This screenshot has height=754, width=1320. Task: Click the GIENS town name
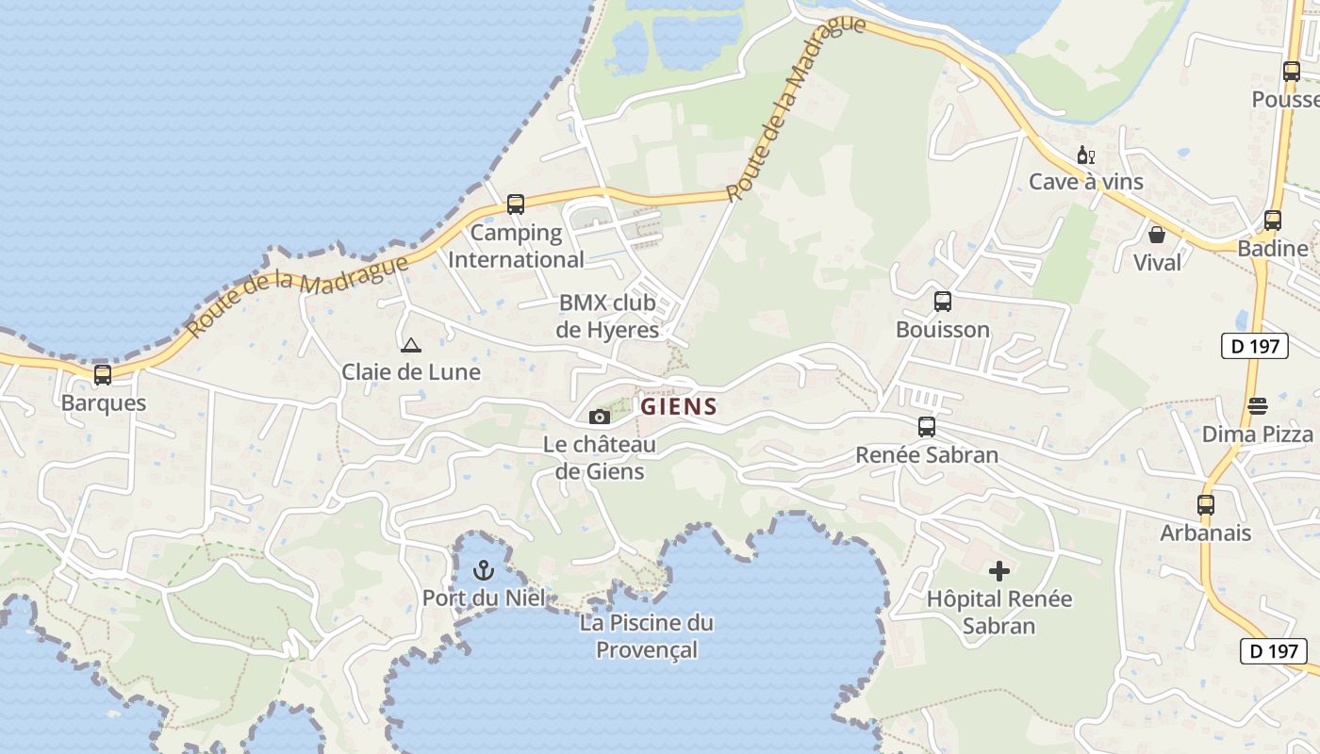[679, 406]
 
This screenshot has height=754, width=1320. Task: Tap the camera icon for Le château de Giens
[599, 417]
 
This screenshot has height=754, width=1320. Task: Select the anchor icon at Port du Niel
[483, 570]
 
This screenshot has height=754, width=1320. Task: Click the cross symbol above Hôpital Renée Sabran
[999, 570]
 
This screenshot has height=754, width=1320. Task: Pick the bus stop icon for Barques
[103, 375]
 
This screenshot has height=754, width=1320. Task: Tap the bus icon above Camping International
[515, 205]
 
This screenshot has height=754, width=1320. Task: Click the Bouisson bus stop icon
[942, 302]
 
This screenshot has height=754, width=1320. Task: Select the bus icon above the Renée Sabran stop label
[927, 427]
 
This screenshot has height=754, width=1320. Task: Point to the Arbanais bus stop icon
[1205, 505]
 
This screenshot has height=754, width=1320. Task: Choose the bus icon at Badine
[1272, 221]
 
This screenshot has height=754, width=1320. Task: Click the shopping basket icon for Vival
[1157, 235]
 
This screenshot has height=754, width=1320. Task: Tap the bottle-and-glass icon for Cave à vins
[1085, 155]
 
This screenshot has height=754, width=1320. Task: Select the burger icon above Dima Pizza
[1258, 406]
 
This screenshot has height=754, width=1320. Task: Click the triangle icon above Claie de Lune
[410, 345]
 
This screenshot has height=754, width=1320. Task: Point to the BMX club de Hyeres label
[607, 317]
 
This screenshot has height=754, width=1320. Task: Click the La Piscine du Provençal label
[647, 636]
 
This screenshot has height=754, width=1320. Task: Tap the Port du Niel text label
[483, 598]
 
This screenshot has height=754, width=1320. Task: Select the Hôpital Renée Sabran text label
[999, 612]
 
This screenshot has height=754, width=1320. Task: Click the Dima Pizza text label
[1258, 434]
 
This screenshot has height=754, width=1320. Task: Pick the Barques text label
[104, 403]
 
